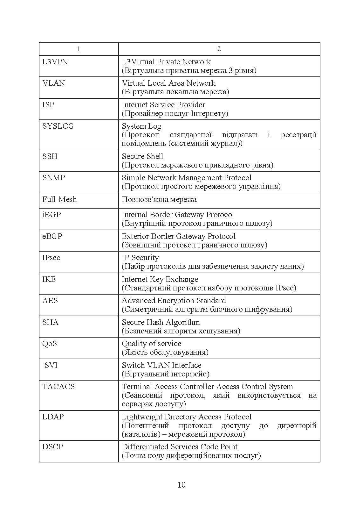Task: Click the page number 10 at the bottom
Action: [x=181, y=485]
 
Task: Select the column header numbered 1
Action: [x=79, y=49]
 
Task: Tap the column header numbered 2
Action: [x=219, y=49]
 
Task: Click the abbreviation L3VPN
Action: [x=55, y=62]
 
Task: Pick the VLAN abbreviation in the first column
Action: [x=53, y=83]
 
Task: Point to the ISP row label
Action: [x=48, y=105]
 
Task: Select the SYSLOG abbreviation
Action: [x=58, y=126]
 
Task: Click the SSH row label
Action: [x=50, y=156]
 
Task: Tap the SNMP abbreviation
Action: [x=53, y=178]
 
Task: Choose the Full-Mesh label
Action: [x=59, y=199]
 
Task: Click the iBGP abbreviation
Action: [x=51, y=215]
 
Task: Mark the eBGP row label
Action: [x=52, y=236]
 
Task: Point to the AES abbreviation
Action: [x=50, y=301]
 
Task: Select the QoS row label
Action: [x=50, y=344]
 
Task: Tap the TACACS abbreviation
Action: [x=58, y=387]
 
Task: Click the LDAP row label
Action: [x=53, y=417]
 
